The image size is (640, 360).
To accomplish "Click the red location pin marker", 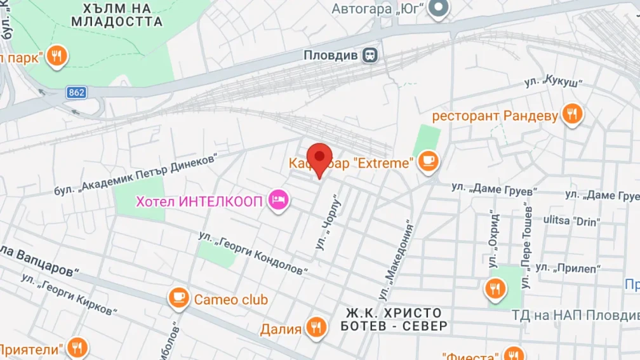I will [x=319, y=157].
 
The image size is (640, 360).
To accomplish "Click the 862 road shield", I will [x=76, y=93].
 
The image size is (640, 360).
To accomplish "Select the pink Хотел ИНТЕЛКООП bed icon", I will [x=278, y=201].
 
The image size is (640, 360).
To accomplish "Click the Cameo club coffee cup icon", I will [x=179, y=298].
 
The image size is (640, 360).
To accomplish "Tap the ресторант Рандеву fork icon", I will [x=573, y=115].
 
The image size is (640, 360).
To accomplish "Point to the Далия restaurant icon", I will [x=316, y=328].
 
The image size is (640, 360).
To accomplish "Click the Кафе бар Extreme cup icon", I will [x=429, y=163].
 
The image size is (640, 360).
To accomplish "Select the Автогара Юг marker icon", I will [x=437, y=8].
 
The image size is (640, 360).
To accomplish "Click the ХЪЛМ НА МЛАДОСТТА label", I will [x=117, y=15].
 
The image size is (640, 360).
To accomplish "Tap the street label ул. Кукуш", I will [x=553, y=84].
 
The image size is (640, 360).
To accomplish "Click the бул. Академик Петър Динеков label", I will [x=136, y=174].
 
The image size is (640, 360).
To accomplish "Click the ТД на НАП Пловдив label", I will [x=575, y=315].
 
